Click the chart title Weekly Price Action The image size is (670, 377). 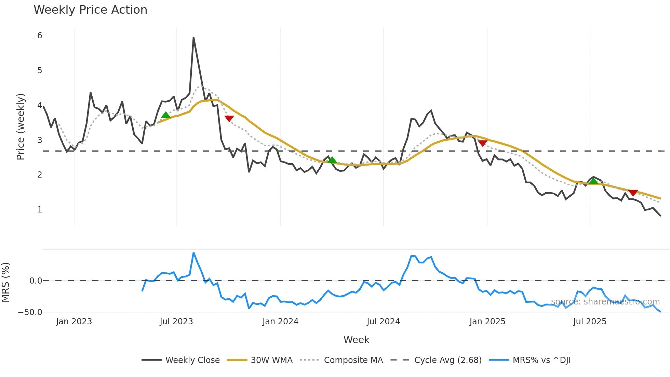tap(90, 10)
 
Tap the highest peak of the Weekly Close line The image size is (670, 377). tap(193, 38)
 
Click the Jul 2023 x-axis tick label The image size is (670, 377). tap(176, 322)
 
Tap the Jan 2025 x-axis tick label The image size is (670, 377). tap(487, 322)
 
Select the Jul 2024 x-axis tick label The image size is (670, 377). tap(383, 322)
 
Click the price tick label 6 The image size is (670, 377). tap(40, 36)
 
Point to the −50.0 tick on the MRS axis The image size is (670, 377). tap(30, 312)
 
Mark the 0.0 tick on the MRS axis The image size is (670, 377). tap(36, 281)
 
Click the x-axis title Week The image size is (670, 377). tap(356, 340)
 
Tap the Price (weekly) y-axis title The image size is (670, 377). tap(21, 127)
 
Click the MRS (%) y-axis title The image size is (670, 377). tap(5, 282)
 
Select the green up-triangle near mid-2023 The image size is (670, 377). tap(166, 115)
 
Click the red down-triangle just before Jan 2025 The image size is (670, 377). tap(482, 143)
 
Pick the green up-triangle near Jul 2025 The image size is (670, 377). tap(593, 181)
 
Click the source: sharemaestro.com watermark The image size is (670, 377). tap(605, 302)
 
